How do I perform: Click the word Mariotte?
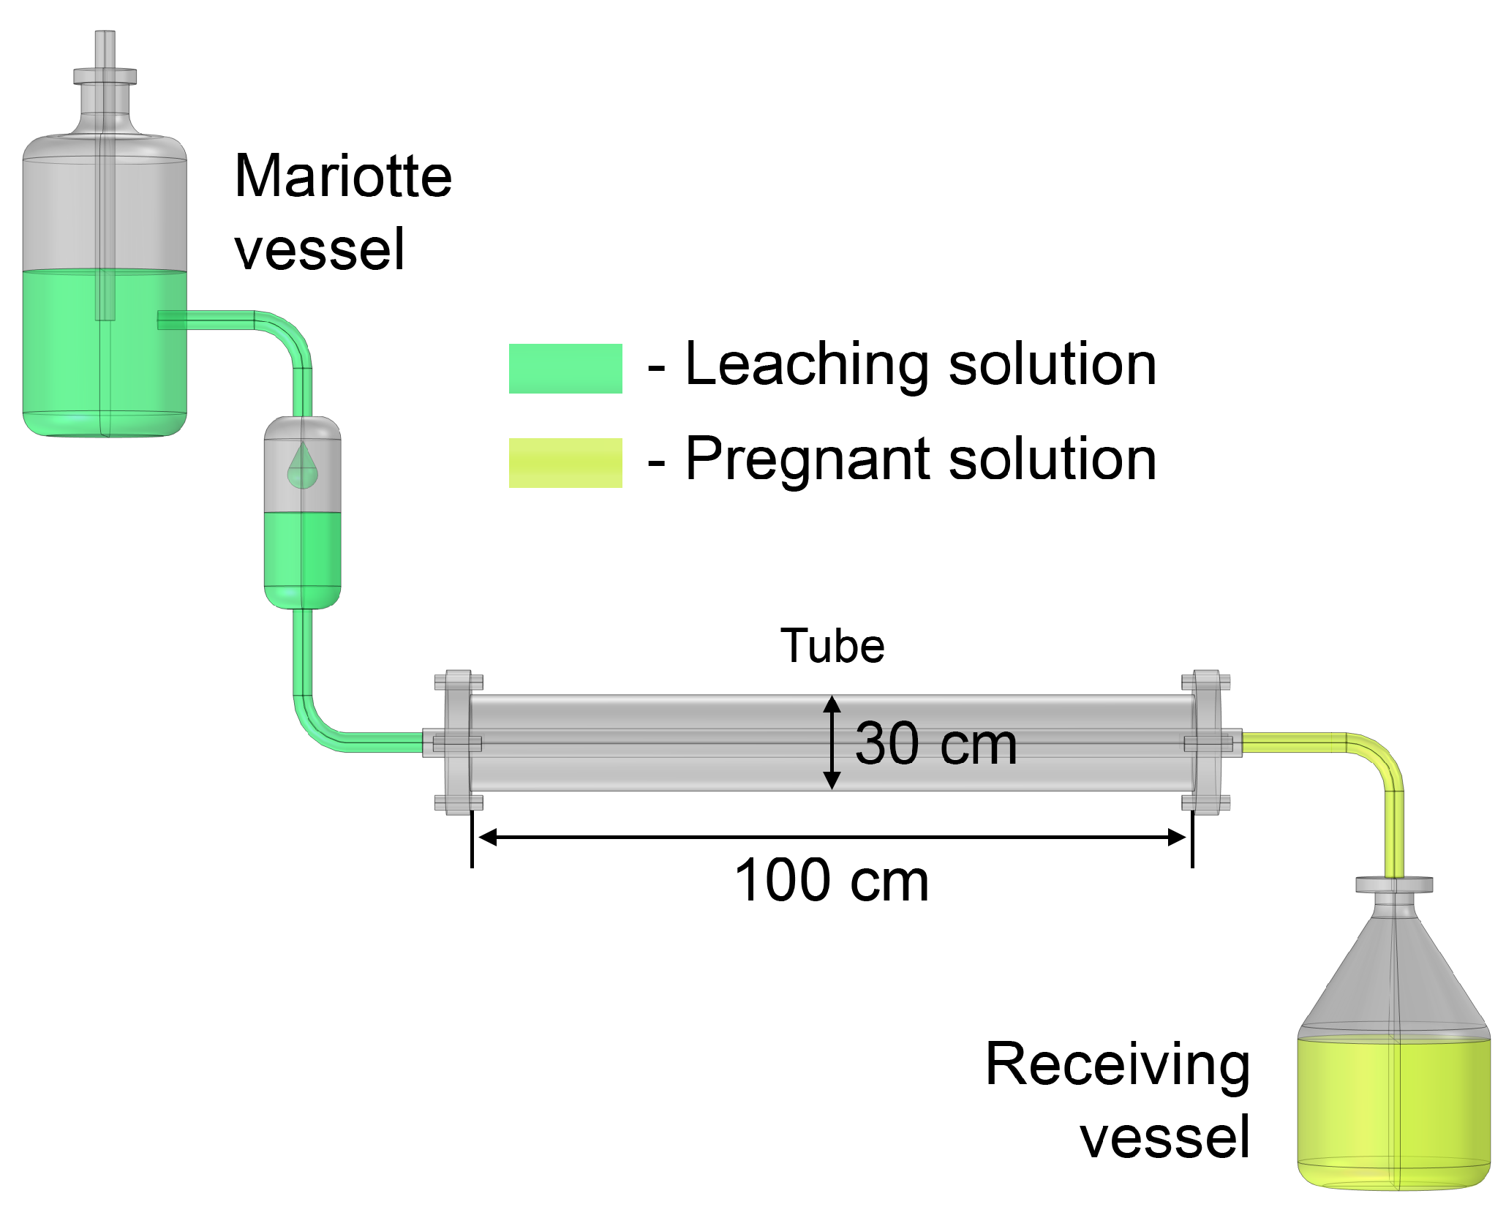(343, 177)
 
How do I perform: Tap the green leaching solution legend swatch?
(565, 369)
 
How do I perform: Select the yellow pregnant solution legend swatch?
(565, 463)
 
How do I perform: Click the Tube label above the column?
(832, 646)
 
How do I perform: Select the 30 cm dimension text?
(935, 744)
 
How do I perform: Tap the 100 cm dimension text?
(831, 881)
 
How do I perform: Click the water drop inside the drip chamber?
(302, 467)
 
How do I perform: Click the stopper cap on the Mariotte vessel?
(105, 77)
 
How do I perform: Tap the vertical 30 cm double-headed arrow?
(832, 742)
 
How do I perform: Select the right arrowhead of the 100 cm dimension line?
(1176, 838)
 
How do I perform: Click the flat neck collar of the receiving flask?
(1393, 885)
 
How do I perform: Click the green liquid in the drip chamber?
(302, 556)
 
